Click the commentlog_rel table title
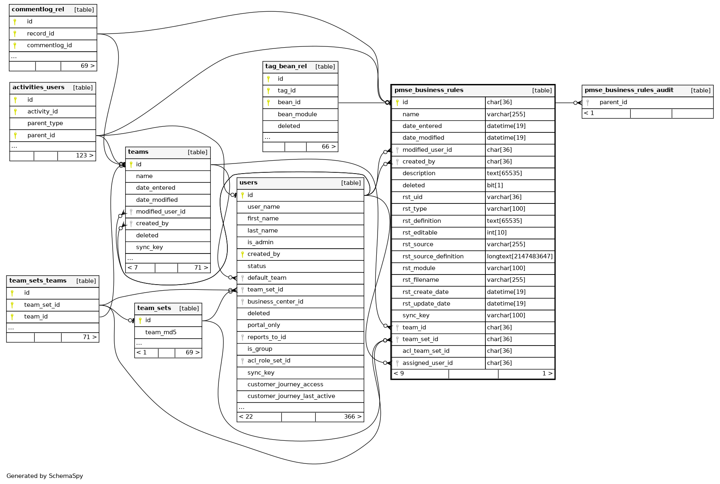[38, 10]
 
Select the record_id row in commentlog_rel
[40, 34]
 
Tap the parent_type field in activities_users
[45, 123]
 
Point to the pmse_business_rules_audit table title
[629, 90]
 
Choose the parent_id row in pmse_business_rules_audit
[613, 102]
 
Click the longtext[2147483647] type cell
[519, 256]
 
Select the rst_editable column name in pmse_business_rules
[420, 233]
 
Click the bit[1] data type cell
[495, 185]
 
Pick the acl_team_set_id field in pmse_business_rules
[426, 351]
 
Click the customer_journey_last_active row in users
[291, 396]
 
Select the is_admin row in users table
[260, 242]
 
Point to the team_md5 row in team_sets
[161, 332]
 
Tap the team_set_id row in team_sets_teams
[42, 305]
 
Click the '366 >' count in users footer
[352, 417]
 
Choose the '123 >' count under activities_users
[84, 155]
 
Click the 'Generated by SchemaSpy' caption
[45, 476]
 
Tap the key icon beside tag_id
[269, 90]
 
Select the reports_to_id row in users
[267, 337]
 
